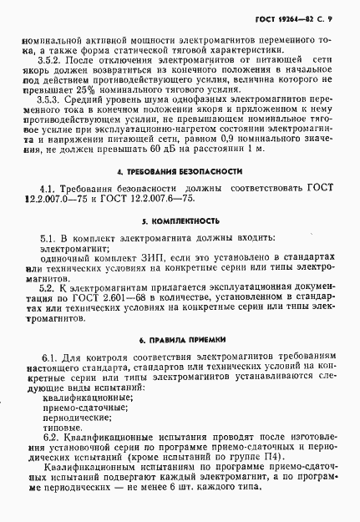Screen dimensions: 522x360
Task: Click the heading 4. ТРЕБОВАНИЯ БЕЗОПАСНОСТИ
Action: [x=180, y=194]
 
